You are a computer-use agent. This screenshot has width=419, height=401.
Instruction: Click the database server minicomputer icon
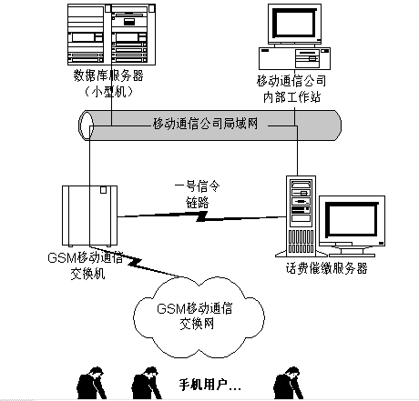[x=111, y=35]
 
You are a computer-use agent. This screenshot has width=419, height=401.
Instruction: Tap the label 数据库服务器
[x=108, y=75]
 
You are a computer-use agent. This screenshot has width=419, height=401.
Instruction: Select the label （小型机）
[x=108, y=91]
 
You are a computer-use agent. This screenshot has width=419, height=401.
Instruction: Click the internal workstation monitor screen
[x=294, y=23]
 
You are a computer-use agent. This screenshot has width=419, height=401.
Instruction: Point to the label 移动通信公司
[x=291, y=81]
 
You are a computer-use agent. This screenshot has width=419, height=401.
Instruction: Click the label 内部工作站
[x=291, y=97]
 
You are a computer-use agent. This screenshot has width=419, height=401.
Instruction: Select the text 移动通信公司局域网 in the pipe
[x=205, y=124]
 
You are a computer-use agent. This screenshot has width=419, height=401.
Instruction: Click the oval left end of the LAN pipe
[x=86, y=125]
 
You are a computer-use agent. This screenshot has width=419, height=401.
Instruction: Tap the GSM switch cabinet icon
[x=89, y=216]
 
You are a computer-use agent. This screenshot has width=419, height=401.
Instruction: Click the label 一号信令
[x=197, y=186]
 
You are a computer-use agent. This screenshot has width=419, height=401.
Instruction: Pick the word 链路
[x=198, y=203]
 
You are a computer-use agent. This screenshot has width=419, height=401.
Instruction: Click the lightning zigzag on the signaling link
[x=201, y=216]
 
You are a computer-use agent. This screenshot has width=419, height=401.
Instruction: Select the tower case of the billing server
[x=301, y=216]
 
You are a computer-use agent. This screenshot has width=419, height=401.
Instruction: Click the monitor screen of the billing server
[x=352, y=220]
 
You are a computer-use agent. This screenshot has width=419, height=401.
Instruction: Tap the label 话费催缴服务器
[x=327, y=268]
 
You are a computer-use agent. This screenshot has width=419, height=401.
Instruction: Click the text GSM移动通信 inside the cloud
[x=195, y=308]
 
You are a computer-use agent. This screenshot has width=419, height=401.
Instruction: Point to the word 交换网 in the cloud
[x=197, y=324]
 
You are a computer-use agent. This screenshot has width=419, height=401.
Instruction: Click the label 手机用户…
[x=209, y=385]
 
